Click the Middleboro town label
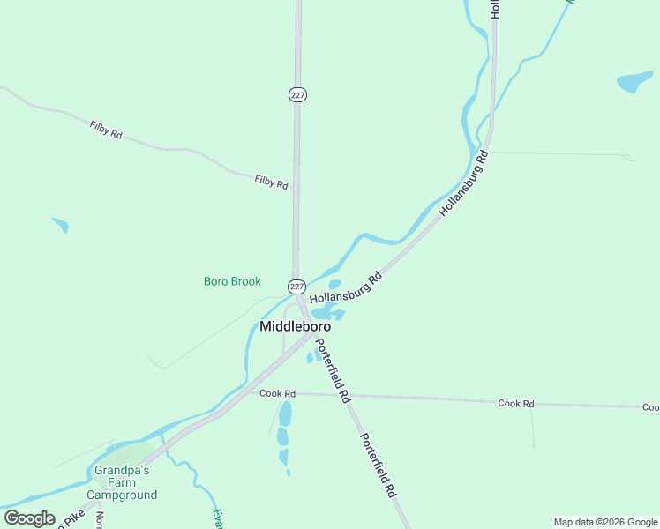(x=295, y=326)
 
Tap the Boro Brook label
(x=232, y=281)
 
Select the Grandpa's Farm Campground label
(x=125, y=482)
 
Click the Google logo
(x=29, y=518)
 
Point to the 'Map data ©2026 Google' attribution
(x=606, y=522)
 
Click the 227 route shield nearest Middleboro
(x=296, y=287)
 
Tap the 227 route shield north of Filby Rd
(x=297, y=94)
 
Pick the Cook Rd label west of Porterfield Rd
(x=277, y=393)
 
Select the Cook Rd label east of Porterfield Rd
(x=516, y=403)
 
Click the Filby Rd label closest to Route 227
(x=271, y=183)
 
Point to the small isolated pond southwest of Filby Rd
(x=60, y=224)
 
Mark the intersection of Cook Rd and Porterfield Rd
(x=341, y=396)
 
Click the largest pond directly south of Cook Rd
(x=284, y=414)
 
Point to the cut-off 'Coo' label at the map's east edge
(x=650, y=407)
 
